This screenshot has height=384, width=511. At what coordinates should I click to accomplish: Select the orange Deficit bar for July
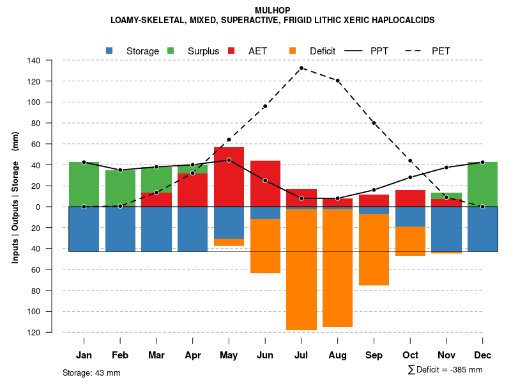(301, 269)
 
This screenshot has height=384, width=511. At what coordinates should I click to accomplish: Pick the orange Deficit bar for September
(374, 250)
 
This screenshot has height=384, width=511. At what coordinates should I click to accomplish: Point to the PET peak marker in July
(301, 68)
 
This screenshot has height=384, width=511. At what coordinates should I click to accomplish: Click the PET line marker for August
(337, 81)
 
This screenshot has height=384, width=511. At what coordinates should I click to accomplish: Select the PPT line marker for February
(120, 170)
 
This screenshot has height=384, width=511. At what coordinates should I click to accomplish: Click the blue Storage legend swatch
(109, 51)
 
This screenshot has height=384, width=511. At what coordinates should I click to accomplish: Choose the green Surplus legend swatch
(171, 51)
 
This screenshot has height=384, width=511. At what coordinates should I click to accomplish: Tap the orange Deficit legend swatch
(293, 51)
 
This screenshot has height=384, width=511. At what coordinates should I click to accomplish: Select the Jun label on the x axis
(265, 355)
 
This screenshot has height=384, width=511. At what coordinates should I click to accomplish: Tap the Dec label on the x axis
(482, 355)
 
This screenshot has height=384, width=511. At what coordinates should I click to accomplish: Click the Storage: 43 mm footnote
(91, 372)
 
